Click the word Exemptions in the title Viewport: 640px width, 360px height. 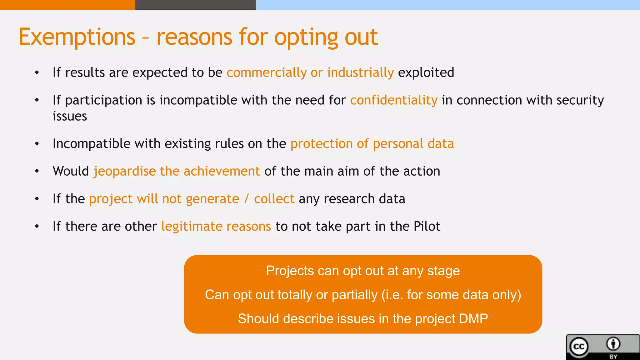77,37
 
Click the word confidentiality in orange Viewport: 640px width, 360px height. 394,100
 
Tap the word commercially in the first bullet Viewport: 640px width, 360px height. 266,73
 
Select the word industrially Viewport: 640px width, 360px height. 360,73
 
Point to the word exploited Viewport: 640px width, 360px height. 426,72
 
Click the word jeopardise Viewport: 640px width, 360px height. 125,172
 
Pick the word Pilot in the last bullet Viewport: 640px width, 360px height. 427,226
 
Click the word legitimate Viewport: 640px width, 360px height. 191,227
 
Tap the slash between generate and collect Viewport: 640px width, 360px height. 247,199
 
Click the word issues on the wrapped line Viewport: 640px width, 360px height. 70,116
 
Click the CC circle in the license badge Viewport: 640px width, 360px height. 579,347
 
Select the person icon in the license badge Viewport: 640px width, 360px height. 613,344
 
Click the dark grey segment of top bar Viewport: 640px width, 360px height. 195,5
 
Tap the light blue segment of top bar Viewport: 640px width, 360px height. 447,5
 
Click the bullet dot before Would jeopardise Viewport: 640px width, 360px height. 37,171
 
